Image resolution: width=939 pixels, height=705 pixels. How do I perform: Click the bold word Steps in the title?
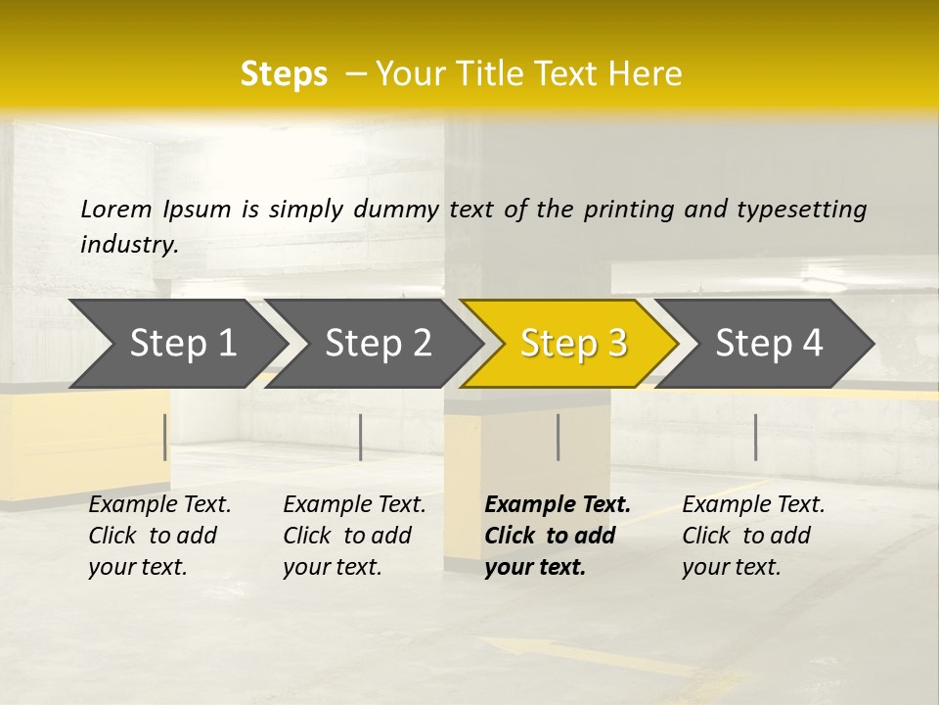(x=284, y=74)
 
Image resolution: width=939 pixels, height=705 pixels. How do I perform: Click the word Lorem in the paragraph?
(x=116, y=209)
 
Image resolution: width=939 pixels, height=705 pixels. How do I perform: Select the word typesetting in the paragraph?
(x=801, y=209)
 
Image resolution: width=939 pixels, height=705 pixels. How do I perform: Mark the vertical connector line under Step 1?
(x=164, y=437)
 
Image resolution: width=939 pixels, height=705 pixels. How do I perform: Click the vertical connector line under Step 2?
(x=361, y=437)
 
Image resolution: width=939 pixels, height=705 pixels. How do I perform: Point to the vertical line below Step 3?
(x=558, y=437)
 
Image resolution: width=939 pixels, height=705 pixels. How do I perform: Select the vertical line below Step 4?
(x=755, y=437)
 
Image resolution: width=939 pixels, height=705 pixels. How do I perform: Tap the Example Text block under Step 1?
(x=159, y=536)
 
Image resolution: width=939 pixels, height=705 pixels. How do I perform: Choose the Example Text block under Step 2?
(x=354, y=536)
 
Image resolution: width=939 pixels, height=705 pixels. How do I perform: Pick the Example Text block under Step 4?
(x=753, y=536)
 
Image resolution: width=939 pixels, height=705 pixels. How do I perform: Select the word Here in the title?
(x=649, y=74)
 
